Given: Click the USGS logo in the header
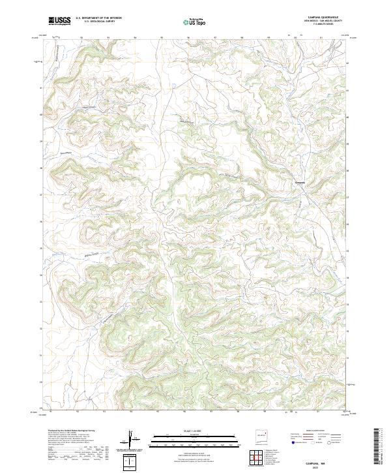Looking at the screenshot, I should coord(59,21).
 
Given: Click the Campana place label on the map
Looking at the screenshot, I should coord(300,181).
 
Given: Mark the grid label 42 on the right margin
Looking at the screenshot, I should coord(347,63).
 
